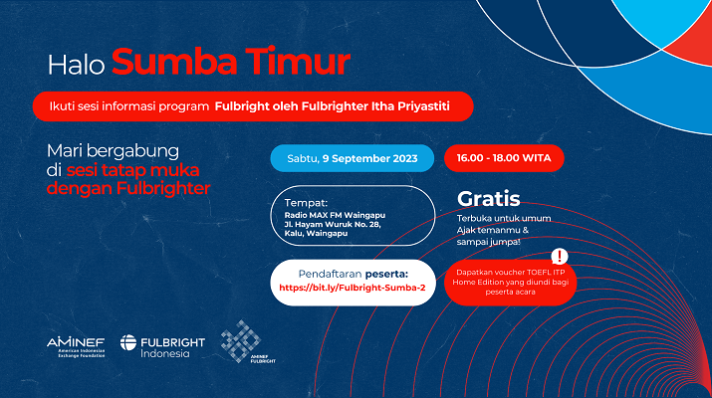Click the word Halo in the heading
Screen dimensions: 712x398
coord(76,64)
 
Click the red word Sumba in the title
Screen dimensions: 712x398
coord(174,62)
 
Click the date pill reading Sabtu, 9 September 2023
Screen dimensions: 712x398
coord(353,158)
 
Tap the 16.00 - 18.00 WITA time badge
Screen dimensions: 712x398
coord(504,158)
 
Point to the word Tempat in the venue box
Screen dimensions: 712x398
coord(306,203)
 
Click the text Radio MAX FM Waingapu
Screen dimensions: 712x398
coord(335,215)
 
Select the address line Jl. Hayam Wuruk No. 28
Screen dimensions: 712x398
coord(333,224)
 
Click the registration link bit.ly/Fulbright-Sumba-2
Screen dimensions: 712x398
coord(353,288)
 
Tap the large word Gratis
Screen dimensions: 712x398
coord(489,198)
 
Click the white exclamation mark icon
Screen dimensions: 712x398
coord(560,257)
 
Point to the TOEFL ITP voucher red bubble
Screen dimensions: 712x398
coord(511,283)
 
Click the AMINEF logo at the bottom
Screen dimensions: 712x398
coord(76,347)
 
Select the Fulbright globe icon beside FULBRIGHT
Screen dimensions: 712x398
coord(128,342)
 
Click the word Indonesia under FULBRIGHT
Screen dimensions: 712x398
coord(165,353)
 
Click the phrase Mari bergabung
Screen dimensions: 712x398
coord(114,151)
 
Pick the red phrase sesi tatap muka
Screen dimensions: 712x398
coord(132,170)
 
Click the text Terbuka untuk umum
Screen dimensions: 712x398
coord(504,218)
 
